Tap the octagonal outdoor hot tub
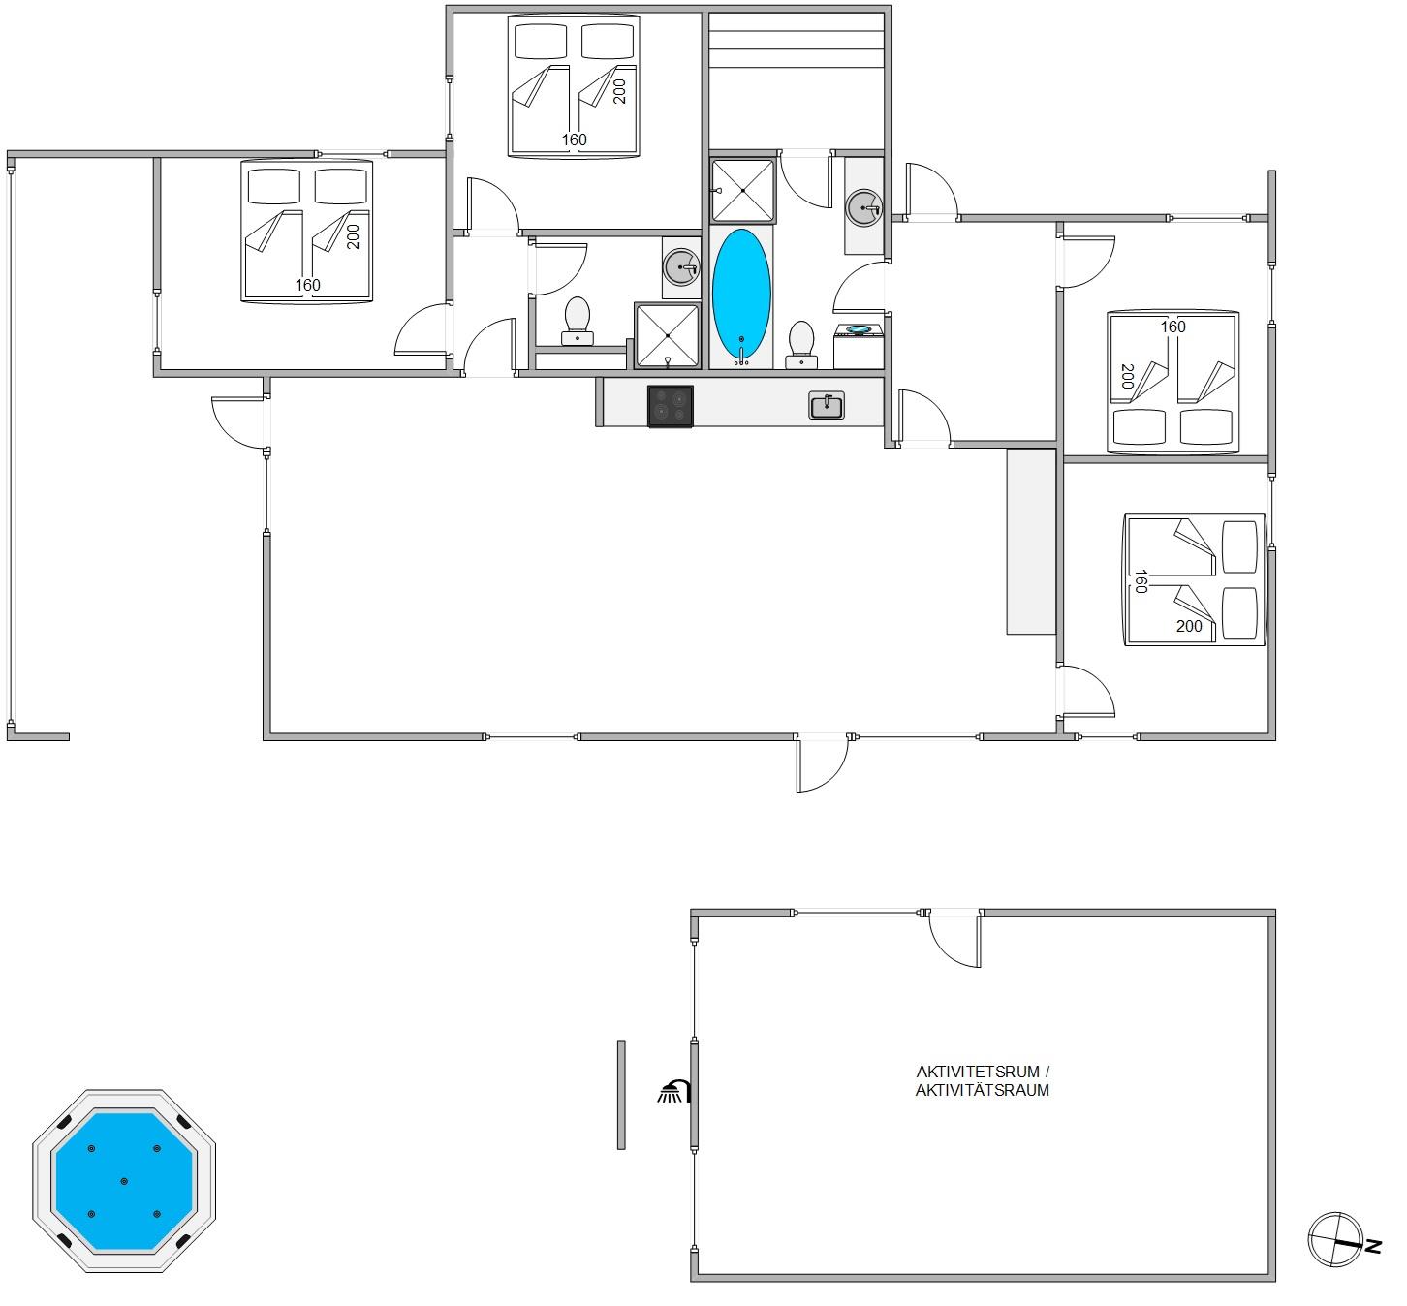[124, 1181]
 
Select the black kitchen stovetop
[671, 406]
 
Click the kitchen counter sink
[827, 406]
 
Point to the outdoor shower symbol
[674, 1091]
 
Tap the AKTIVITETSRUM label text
[978, 1072]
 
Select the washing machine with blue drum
[859, 346]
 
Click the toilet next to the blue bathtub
[801, 344]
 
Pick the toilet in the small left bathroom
[578, 321]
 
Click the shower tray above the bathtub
[743, 191]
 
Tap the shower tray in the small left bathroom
[668, 335]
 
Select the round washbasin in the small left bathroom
[681, 267]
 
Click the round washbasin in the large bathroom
[864, 207]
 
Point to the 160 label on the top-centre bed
[575, 140]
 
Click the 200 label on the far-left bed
[353, 236]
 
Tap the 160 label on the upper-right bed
[1172, 326]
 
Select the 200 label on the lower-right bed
[1189, 626]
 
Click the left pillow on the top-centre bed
[541, 41]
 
